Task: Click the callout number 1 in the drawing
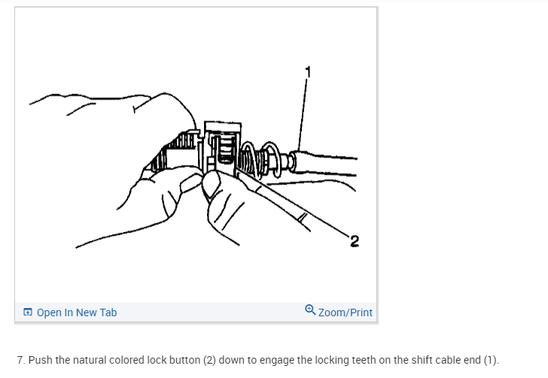pos(307,72)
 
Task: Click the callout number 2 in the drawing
pos(355,241)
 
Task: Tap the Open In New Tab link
pos(77,312)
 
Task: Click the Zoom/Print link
pos(346,312)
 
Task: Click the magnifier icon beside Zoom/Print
pos(311,311)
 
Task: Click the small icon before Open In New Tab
pos(28,312)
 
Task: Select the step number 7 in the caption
pos(20,360)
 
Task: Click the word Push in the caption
pos(40,360)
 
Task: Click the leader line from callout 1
pos(303,113)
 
